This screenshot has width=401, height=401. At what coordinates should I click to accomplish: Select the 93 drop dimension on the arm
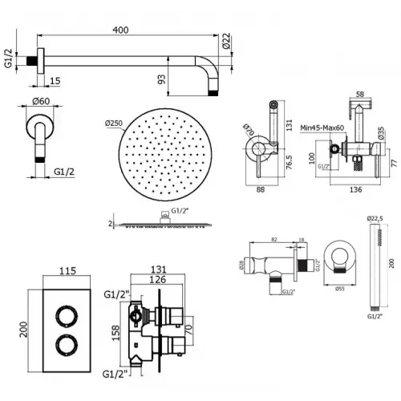[162, 79]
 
